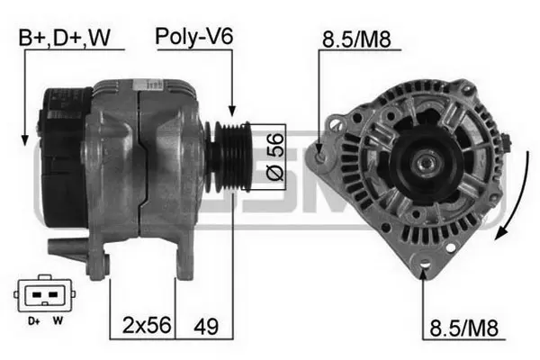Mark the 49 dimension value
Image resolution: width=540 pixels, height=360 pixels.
pyautogui.click(x=206, y=324)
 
